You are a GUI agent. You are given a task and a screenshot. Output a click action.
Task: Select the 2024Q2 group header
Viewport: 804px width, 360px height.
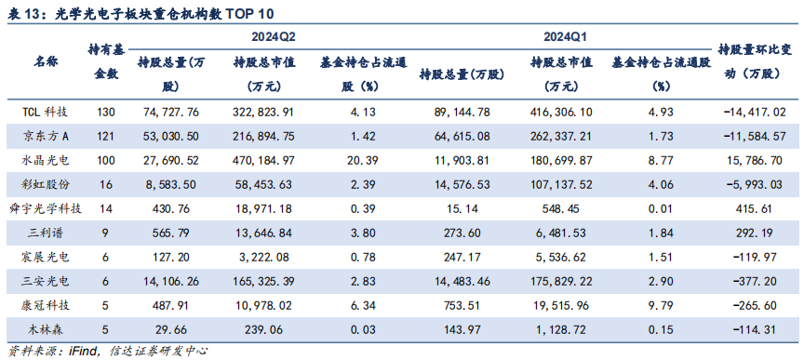[274, 36]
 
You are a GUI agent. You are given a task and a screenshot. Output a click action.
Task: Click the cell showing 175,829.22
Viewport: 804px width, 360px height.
[560, 279]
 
